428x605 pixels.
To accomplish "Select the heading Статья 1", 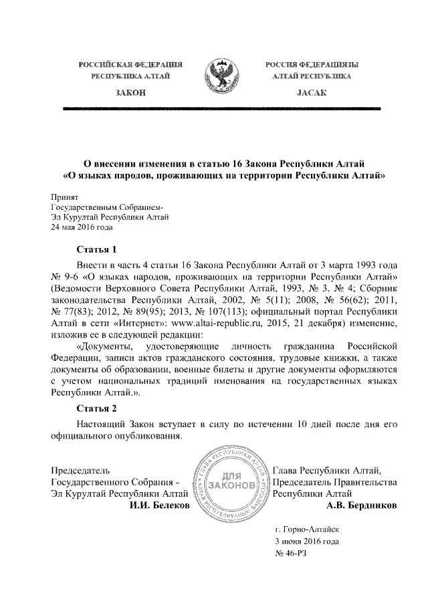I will click(98, 249).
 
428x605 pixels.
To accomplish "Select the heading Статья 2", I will click(98, 407).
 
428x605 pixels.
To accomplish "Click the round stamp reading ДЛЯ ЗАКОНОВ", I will click(232, 483).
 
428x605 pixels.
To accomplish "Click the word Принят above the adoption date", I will click(66, 198).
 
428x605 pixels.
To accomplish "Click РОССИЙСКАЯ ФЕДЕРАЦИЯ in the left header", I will click(131, 64).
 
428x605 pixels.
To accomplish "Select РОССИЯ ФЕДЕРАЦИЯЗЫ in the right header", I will click(310, 64).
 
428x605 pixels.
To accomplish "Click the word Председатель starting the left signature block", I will click(82, 471).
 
